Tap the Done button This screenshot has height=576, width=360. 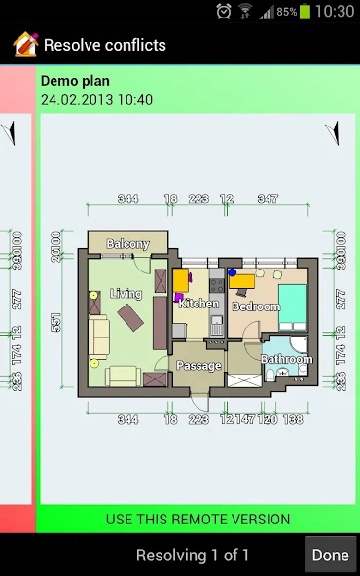click(x=330, y=556)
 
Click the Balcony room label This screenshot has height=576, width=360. click(x=127, y=244)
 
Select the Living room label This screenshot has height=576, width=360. click(x=126, y=293)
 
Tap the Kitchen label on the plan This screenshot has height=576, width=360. click(x=198, y=304)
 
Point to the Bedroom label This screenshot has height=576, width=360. click(x=256, y=306)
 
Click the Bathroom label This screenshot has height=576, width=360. click(x=286, y=359)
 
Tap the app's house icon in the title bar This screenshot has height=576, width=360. click(x=24, y=45)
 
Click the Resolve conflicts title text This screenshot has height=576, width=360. click(x=105, y=45)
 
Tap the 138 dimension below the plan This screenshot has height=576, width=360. click(x=292, y=419)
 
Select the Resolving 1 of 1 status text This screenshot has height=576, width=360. click(x=193, y=556)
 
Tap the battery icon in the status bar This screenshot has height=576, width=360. click(x=306, y=12)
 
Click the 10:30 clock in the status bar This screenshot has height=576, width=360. click(x=336, y=12)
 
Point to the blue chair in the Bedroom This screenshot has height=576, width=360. click(x=233, y=273)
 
